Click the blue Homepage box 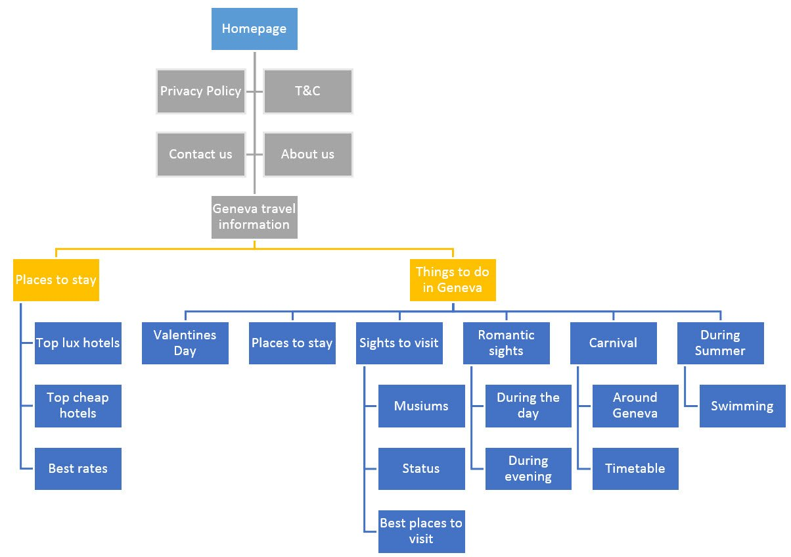(x=254, y=29)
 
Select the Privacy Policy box (x=200, y=91)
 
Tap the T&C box (x=307, y=91)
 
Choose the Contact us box (x=200, y=155)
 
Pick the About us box (x=307, y=155)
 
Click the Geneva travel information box (x=254, y=217)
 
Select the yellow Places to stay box (x=56, y=280)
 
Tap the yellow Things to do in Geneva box (x=453, y=280)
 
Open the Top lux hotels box (x=78, y=343)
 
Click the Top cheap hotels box (x=78, y=406)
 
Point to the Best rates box (x=78, y=469)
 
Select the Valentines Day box (x=185, y=343)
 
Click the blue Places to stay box (x=292, y=343)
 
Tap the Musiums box (x=421, y=406)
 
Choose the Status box (x=421, y=469)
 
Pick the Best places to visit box (x=421, y=531)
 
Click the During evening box (x=528, y=469)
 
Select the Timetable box (x=635, y=469)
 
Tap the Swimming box (x=742, y=406)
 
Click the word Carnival (x=613, y=343)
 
